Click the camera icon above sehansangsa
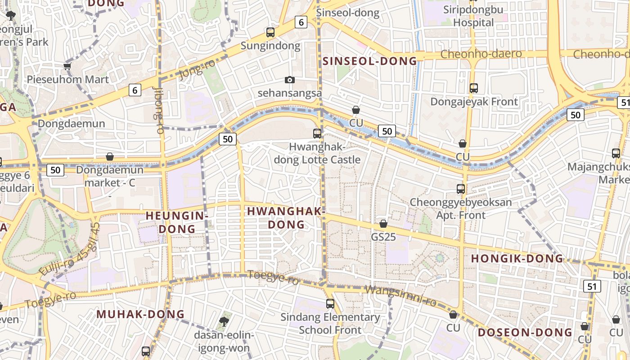coord(290,80)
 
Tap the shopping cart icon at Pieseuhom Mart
coord(67,67)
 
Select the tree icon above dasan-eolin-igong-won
coord(224,321)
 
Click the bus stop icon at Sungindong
coord(270,32)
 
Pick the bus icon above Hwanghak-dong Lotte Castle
coord(317,133)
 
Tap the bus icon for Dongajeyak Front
coord(473,88)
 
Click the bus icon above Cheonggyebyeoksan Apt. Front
coord(461,189)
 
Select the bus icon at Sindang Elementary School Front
coord(330,304)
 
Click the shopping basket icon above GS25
coord(383,223)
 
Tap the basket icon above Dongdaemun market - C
coord(110,157)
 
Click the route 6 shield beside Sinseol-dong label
coord(301,22)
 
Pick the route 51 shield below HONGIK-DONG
coord(592,286)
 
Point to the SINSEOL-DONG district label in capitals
coord(370,61)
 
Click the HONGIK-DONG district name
coord(517,259)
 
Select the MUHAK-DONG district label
coord(140,314)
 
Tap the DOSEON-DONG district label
coord(525,333)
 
